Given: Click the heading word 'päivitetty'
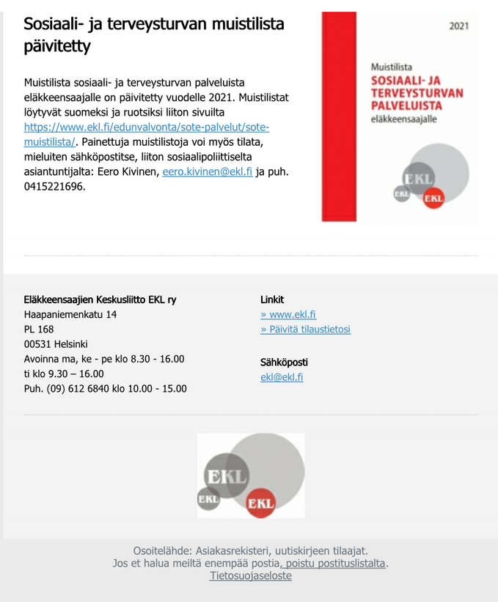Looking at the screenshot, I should (57, 47).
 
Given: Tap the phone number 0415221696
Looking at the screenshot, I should (54, 186).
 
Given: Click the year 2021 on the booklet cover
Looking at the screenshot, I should (459, 26).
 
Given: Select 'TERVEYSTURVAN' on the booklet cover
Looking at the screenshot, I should (417, 93).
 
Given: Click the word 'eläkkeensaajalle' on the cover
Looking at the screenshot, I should (403, 120).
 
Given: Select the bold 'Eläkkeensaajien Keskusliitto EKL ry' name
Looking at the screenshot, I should (100, 300).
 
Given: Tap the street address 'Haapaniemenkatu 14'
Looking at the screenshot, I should (70, 314).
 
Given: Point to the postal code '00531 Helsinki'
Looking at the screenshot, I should (56, 344).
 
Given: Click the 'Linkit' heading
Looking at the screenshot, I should (272, 300).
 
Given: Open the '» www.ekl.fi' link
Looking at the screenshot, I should (288, 315).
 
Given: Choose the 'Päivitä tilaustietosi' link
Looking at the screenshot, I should (305, 330).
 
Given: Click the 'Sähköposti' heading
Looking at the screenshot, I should (284, 363).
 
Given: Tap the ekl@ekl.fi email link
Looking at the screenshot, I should (282, 377).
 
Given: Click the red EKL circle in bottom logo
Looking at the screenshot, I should (260, 502).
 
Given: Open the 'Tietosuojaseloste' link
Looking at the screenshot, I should (250, 576).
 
